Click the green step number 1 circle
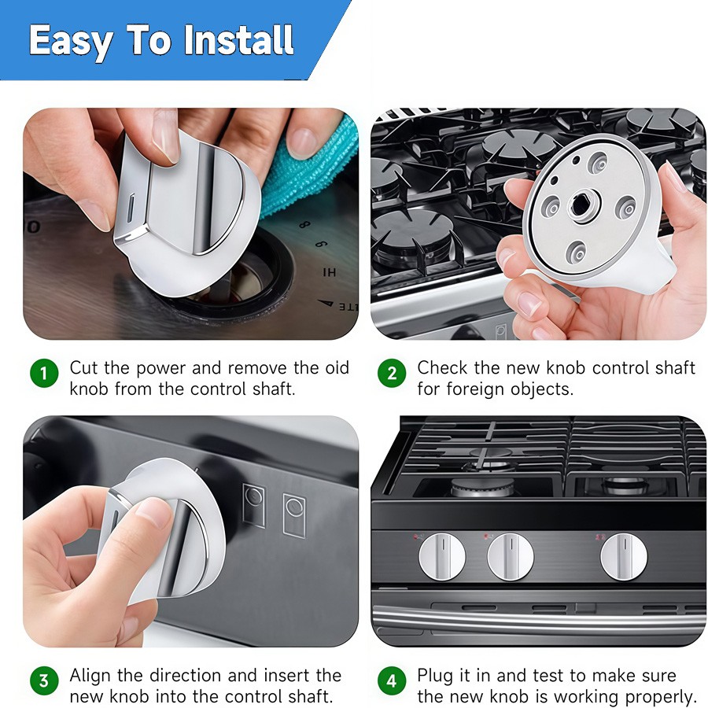tap(44, 373)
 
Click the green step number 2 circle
tap(392, 373)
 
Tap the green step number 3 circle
tap(44, 680)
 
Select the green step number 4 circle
tap(392, 680)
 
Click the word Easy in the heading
tap(71, 42)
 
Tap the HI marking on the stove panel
tap(329, 272)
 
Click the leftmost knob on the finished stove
tap(441, 557)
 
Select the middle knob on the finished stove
tap(511, 557)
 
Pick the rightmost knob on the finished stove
tap(624, 557)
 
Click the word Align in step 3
tap(90, 677)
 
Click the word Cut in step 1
tap(83, 368)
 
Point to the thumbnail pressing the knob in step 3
tap(153, 511)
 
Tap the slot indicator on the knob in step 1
tap(131, 208)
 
